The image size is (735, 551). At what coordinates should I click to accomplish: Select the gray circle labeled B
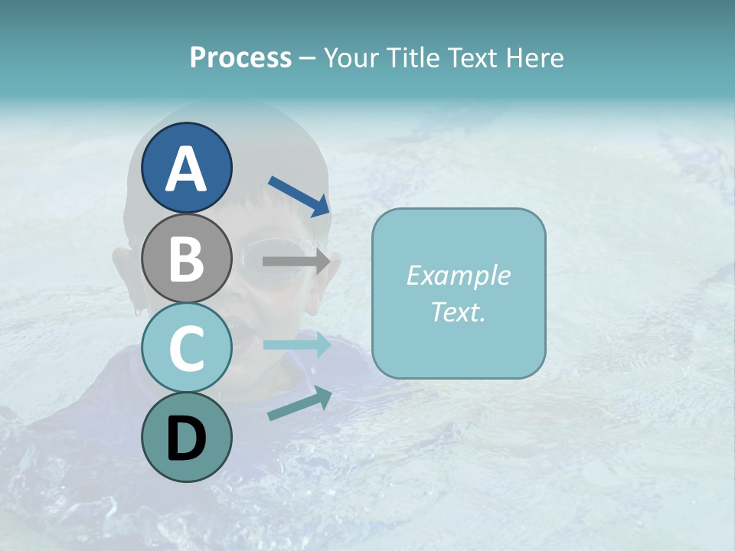[186, 258]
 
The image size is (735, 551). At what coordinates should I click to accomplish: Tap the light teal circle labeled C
[186, 348]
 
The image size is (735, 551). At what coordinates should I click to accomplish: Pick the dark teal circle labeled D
[186, 437]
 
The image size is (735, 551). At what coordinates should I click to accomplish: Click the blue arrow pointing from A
[299, 196]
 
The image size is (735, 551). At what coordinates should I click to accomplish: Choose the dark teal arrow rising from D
[299, 403]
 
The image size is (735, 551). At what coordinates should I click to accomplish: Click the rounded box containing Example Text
[459, 293]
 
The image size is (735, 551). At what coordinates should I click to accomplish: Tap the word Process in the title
[240, 57]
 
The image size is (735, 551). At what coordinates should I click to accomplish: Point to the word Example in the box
[459, 275]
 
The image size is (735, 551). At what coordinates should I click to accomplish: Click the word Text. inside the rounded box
[459, 311]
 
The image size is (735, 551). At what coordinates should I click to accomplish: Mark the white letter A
[186, 168]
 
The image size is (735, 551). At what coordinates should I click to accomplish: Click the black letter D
[186, 439]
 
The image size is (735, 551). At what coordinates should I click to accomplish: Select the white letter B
[186, 259]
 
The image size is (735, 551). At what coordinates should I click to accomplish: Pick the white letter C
[186, 349]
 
